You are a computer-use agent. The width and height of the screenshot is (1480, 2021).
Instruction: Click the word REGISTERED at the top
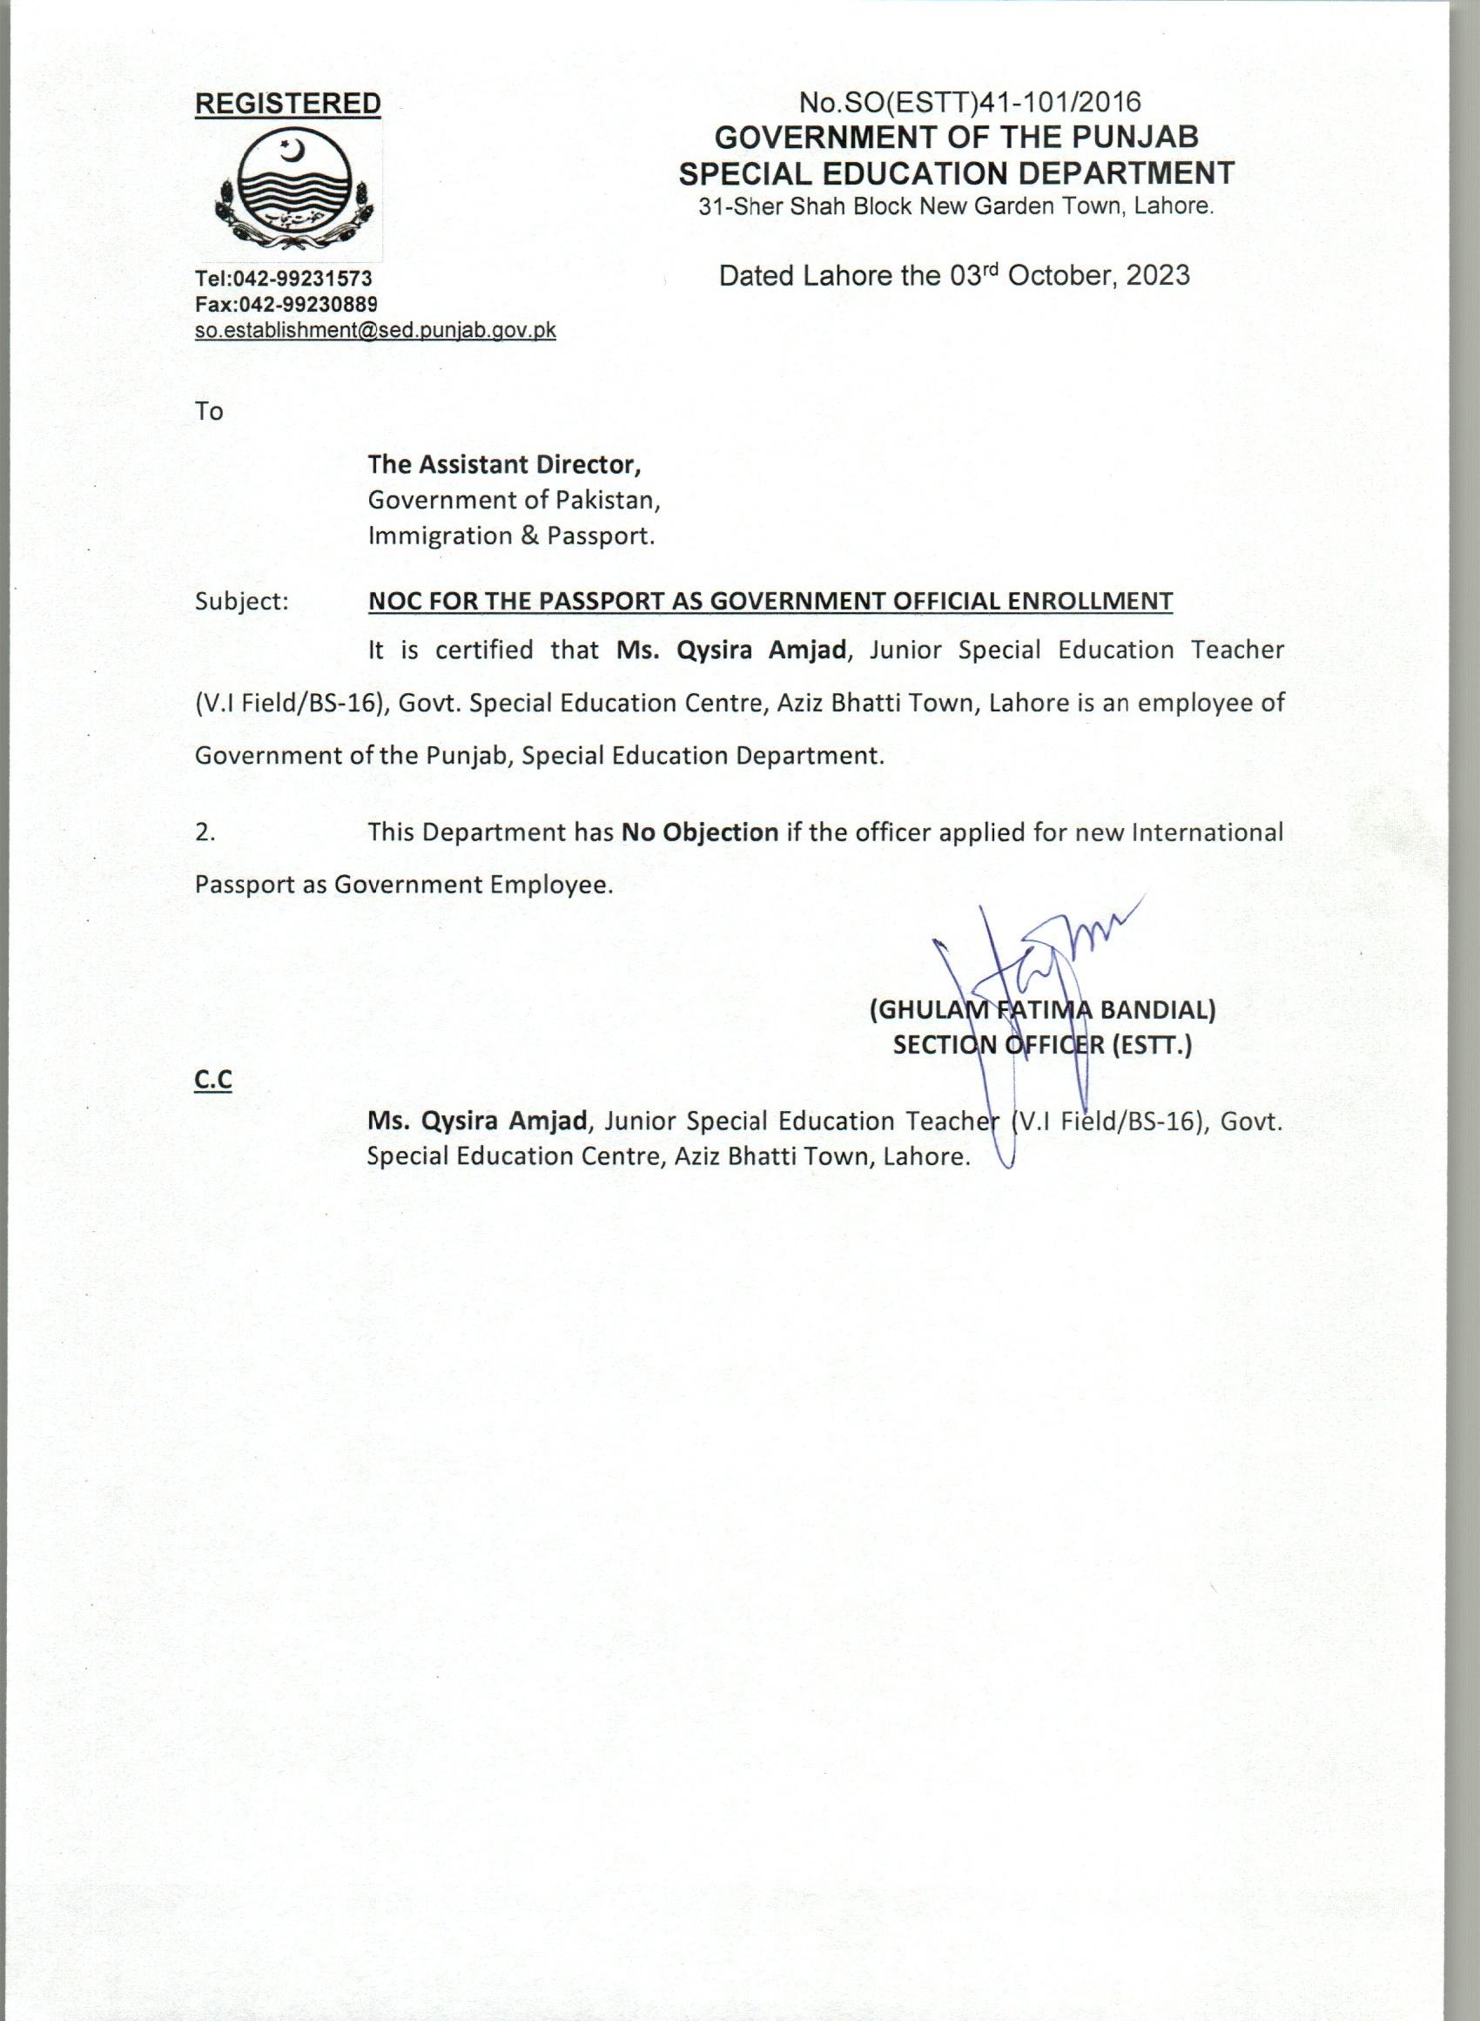click(x=287, y=104)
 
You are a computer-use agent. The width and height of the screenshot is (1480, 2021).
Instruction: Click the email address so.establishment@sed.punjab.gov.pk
click(x=375, y=330)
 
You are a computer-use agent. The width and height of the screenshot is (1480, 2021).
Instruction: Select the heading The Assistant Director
click(x=504, y=464)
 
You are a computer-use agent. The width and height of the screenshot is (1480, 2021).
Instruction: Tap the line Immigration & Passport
click(x=511, y=536)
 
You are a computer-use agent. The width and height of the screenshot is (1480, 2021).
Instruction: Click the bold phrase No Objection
click(x=700, y=832)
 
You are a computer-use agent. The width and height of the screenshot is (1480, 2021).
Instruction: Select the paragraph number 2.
click(x=205, y=832)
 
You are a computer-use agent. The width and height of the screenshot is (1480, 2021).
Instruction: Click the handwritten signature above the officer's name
click(x=1030, y=967)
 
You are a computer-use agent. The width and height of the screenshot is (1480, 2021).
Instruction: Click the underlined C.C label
click(x=213, y=1081)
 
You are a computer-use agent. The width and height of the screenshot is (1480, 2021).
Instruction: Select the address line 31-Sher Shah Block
click(x=955, y=207)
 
